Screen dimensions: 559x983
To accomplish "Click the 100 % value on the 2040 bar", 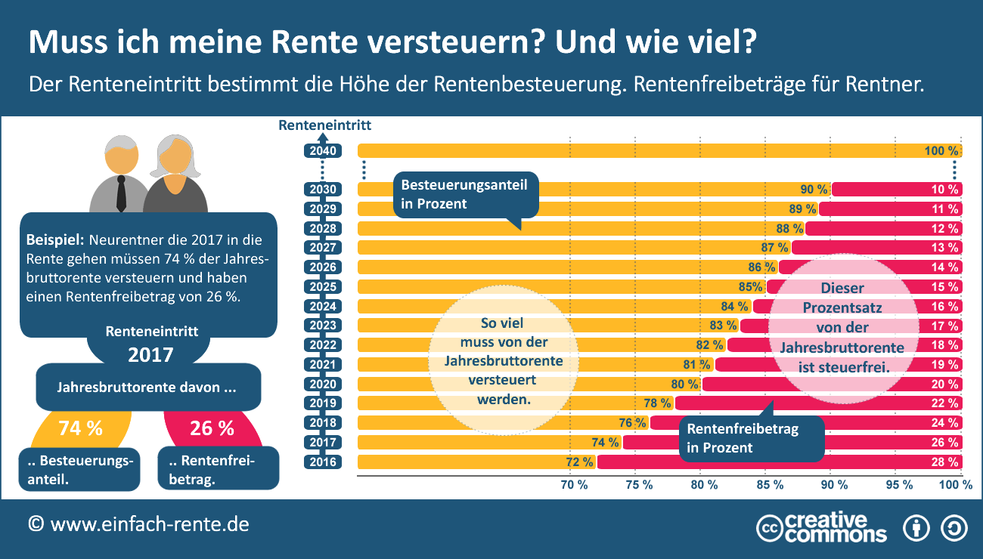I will point(941,151).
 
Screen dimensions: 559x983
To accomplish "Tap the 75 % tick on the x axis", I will point(639,485).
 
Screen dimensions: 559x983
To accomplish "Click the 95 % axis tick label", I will point(899,485).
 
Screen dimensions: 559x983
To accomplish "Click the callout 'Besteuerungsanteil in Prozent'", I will point(464,194).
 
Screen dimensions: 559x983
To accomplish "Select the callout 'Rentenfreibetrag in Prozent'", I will point(752,438).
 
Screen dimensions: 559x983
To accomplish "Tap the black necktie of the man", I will point(121,194).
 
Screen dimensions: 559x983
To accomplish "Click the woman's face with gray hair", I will point(175,162).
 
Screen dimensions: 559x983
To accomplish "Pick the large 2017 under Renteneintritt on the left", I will point(150,354).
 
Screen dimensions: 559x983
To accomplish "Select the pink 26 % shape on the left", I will point(212,429).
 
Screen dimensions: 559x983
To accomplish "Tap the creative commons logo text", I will point(835,527).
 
